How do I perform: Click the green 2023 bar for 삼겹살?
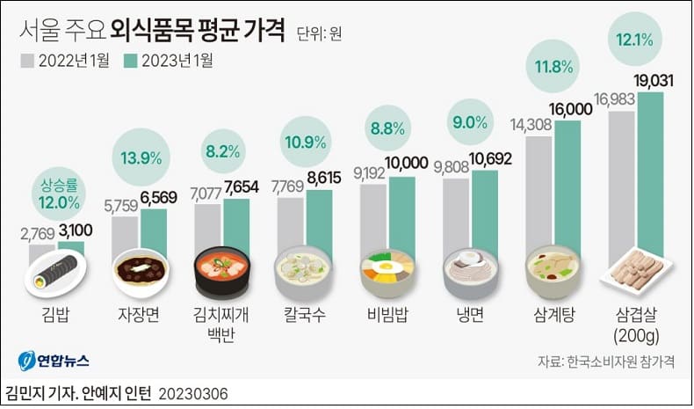click(x=650, y=176)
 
